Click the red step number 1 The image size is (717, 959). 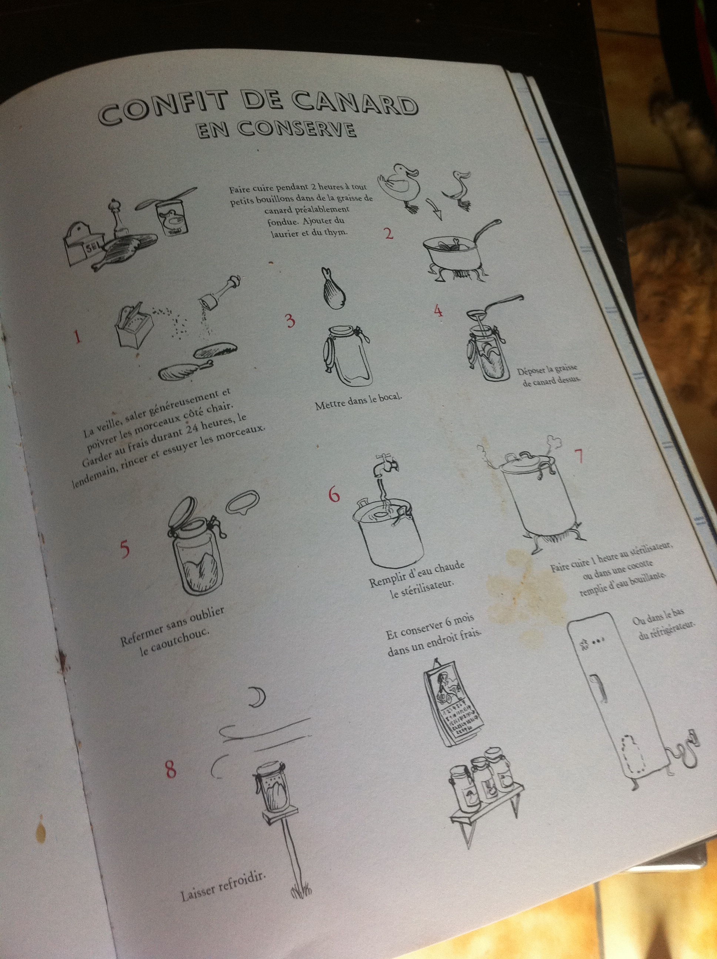pos(77,336)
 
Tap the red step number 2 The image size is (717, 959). pos(389,234)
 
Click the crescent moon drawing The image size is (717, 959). pos(258,698)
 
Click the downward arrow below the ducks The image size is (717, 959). pos(434,208)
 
